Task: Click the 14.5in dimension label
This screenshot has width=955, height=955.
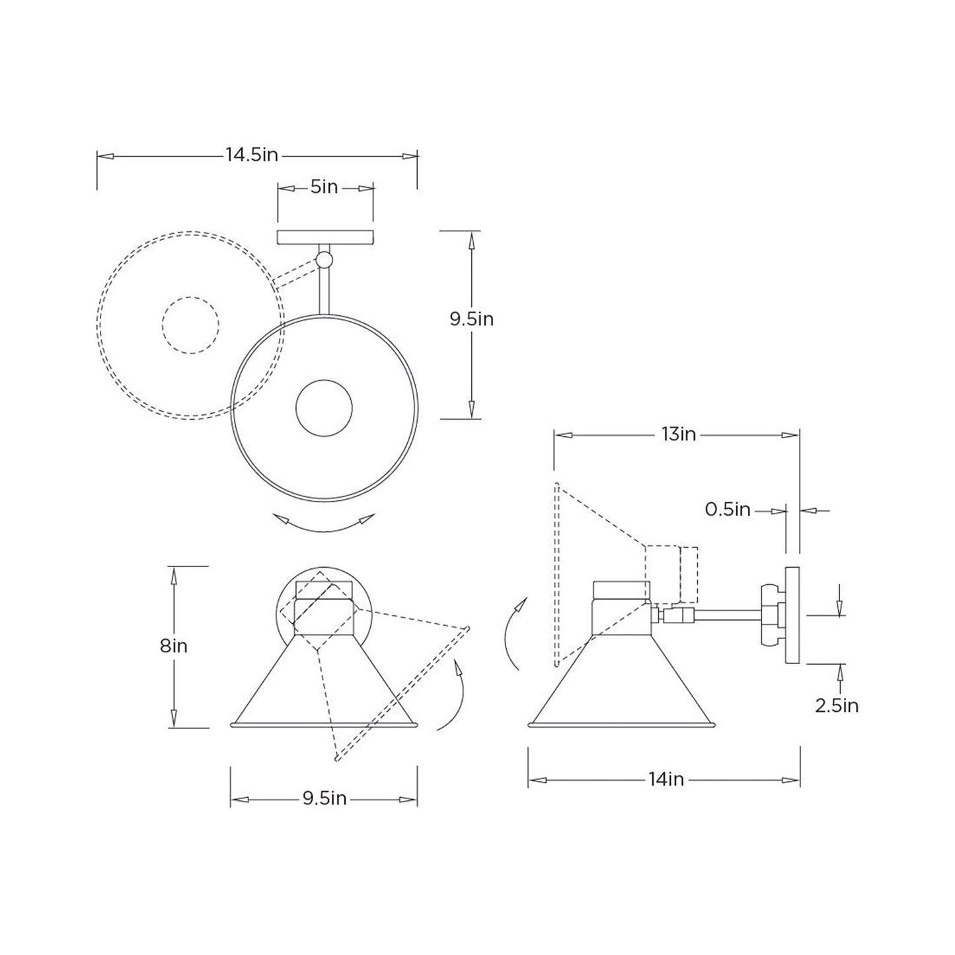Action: pyautogui.click(x=252, y=155)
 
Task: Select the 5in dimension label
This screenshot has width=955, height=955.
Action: pyautogui.click(x=325, y=188)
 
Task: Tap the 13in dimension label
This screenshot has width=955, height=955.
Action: pyautogui.click(x=679, y=434)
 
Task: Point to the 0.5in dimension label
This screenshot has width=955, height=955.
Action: pyautogui.click(x=728, y=510)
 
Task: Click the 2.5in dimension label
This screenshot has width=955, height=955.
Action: pyautogui.click(x=837, y=706)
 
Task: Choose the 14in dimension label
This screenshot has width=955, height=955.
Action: pyautogui.click(x=666, y=780)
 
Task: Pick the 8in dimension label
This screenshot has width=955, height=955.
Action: pyautogui.click(x=174, y=646)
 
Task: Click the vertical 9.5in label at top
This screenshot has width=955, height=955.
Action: pyautogui.click(x=472, y=319)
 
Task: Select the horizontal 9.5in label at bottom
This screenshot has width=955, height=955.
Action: pyautogui.click(x=325, y=798)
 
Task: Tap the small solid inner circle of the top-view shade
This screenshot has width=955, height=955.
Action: pyautogui.click(x=324, y=408)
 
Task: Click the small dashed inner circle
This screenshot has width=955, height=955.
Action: pyautogui.click(x=190, y=324)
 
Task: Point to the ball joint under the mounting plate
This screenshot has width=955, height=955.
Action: pyautogui.click(x=324, y=259)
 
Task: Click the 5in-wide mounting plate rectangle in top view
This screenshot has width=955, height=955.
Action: pyautogui.click(x=325, y=237)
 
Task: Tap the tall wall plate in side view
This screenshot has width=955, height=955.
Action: pyautogui.click(x=792, y=615)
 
